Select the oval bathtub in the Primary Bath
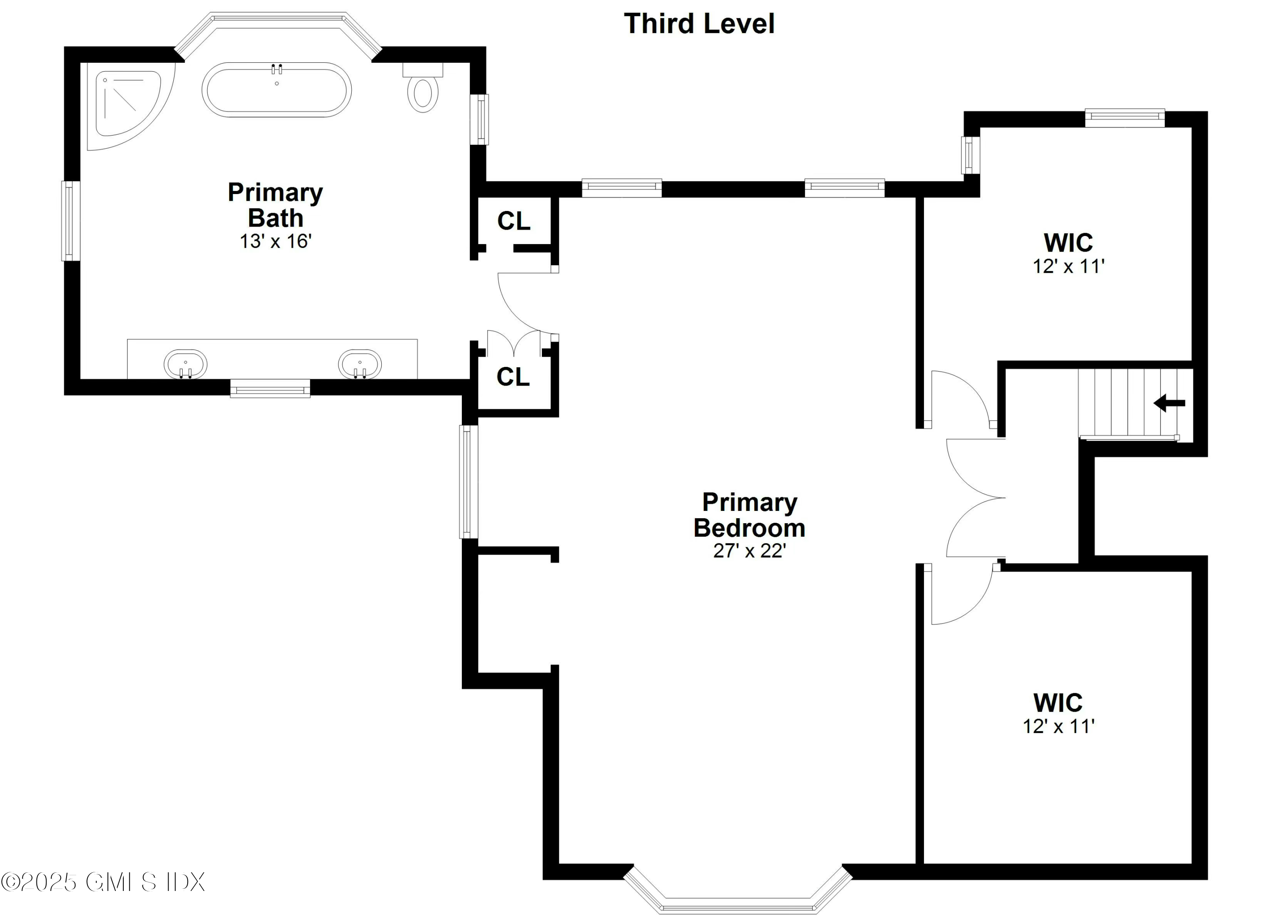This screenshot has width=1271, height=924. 276,90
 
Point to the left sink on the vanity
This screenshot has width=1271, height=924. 186,364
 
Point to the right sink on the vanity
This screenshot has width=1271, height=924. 360,364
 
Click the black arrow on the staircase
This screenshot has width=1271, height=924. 1169,403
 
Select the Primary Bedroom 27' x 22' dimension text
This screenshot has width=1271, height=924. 749,551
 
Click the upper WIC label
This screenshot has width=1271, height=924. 1068,243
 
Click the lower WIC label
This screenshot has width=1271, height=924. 1058,703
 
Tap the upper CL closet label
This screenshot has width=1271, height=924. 513,221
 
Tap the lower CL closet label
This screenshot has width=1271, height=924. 513,377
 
